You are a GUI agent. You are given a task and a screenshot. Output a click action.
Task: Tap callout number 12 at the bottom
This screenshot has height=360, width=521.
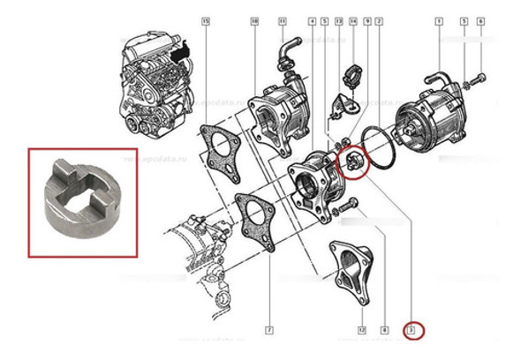[x=362, y=331]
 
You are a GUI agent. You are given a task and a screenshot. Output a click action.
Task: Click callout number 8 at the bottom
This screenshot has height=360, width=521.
[x=384, y=331]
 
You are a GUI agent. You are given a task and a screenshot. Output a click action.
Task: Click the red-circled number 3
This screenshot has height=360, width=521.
[x=411, y=332]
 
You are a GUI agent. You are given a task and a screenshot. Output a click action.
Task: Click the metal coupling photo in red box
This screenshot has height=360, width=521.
[x=82, y=202]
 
